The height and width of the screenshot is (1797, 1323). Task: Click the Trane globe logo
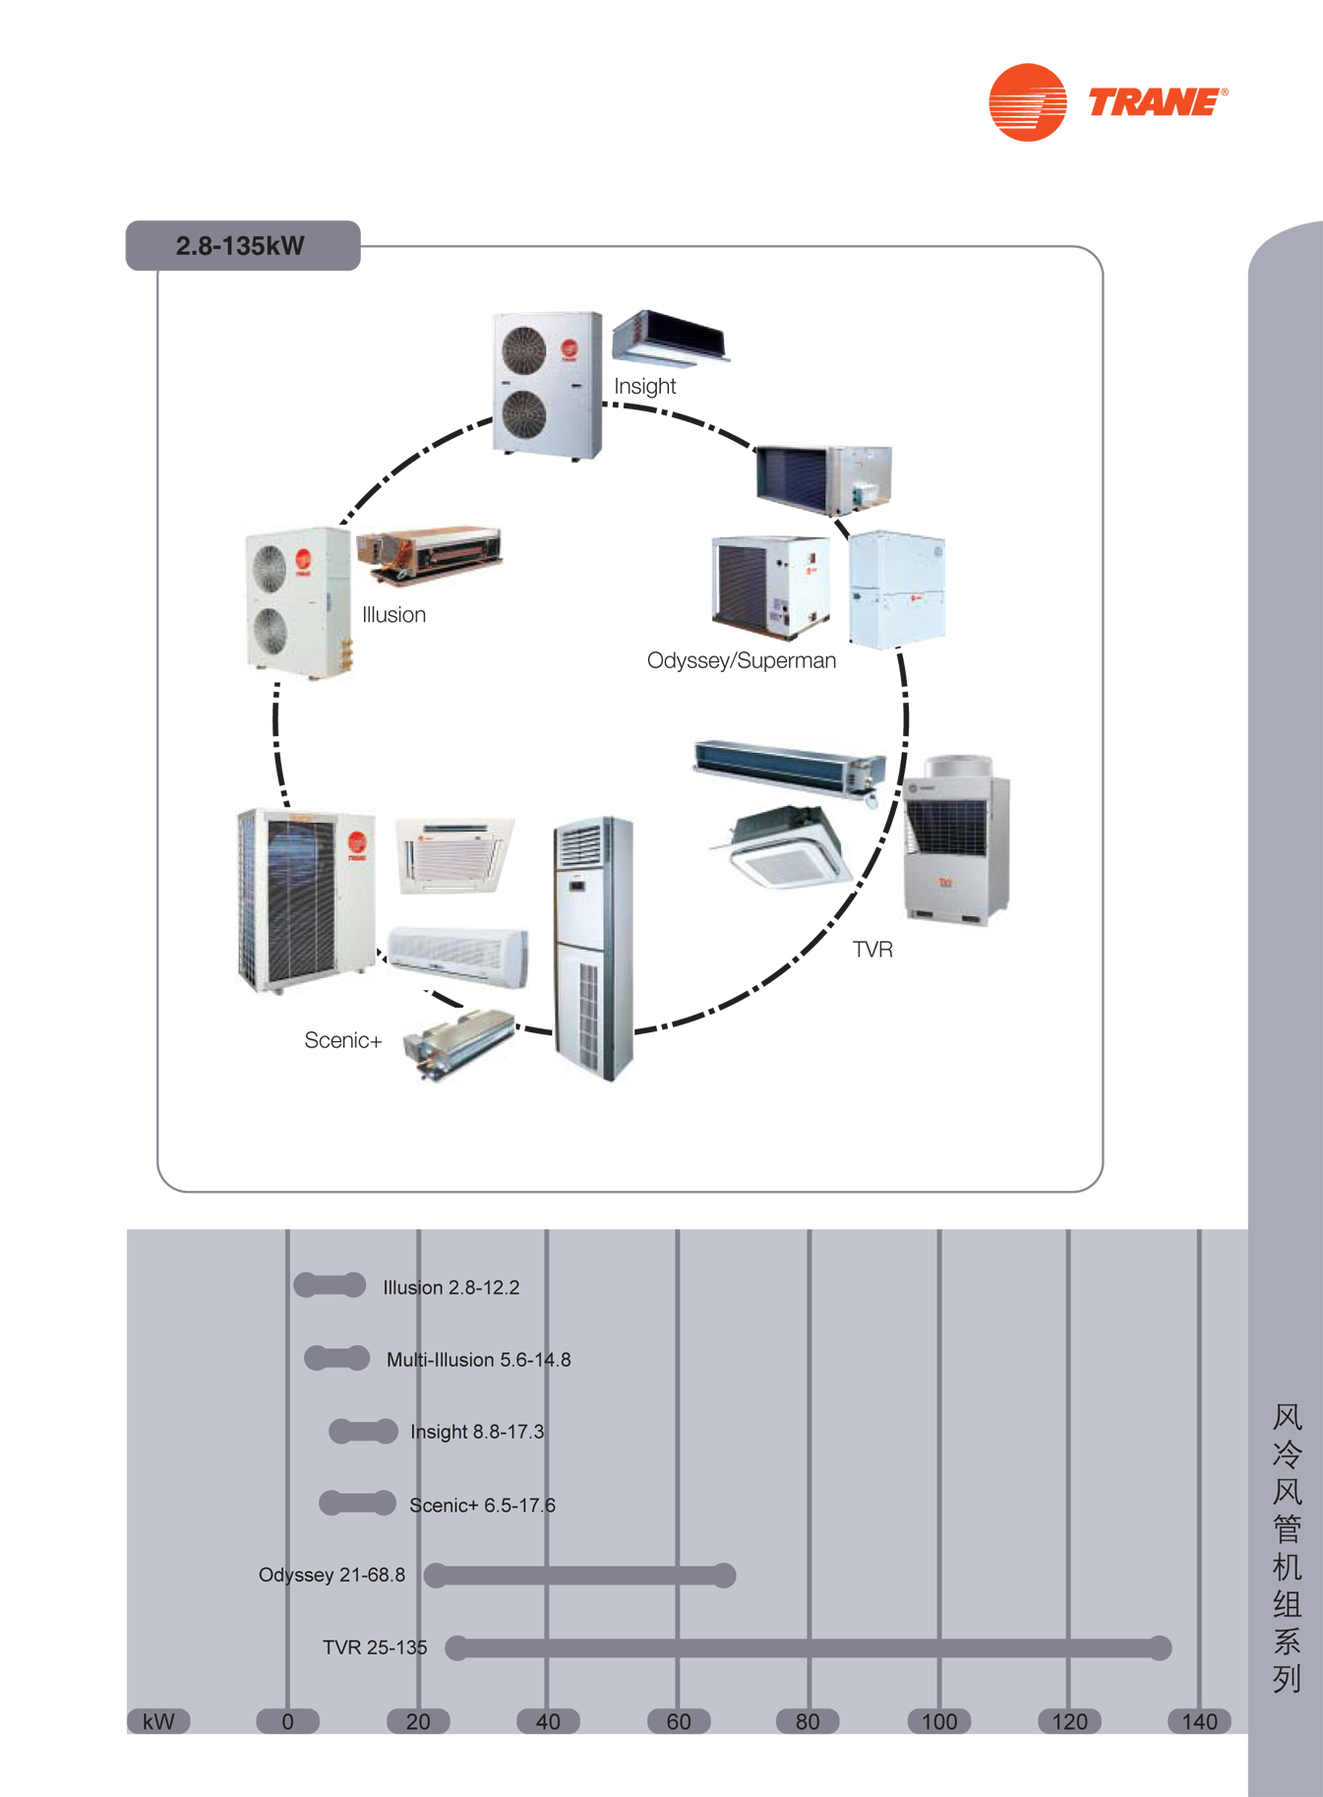1027,102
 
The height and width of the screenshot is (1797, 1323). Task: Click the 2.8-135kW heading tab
243,245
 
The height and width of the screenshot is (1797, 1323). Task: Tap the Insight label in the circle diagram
644,386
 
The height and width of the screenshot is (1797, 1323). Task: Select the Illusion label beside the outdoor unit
393,614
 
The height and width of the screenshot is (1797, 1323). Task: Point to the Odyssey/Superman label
742,660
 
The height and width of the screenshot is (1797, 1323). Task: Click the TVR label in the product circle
872,949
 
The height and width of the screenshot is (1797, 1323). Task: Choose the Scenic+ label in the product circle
342,1040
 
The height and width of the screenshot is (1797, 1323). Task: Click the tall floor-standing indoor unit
593,948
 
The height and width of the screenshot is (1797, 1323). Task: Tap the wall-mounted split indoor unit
458,956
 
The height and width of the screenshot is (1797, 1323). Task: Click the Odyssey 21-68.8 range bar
580,1575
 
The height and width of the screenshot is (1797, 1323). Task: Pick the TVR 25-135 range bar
809,1647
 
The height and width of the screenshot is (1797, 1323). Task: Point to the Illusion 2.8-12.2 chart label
451,1287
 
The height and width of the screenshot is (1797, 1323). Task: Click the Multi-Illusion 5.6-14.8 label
478,1359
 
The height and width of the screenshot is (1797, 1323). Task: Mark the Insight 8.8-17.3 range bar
363,1431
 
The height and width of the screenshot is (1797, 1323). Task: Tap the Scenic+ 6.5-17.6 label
482,1505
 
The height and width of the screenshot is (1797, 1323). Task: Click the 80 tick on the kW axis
808,1721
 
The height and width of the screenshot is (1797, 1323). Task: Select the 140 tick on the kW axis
1199,1721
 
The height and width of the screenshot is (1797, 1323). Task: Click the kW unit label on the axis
158,1721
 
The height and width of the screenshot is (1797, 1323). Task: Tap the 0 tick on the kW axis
287,1721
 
